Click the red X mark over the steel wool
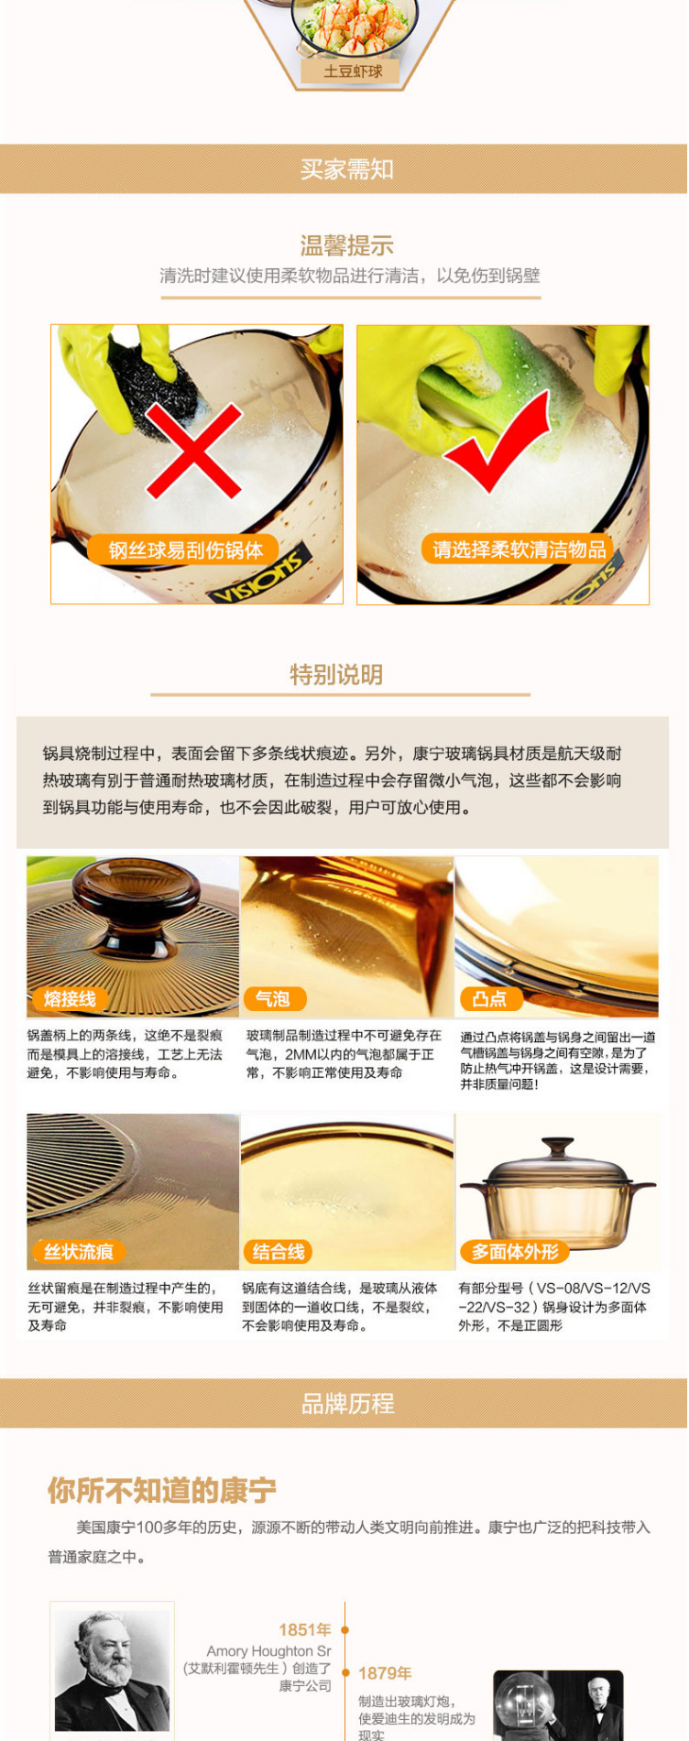click(193, 450)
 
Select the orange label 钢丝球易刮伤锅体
click(186, 550)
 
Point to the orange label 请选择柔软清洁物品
click(519, 550)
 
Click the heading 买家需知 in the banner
click(346, 169)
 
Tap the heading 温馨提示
click(346, 245)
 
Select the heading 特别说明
click(336, 675)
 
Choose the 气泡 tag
click(273, 999)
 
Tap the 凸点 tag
click(489, 999)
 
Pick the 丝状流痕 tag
click(77, 1252)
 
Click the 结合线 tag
click(278, 1252)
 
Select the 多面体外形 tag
click(515, 1252)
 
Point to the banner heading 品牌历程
click(347, 1404)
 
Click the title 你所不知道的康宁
click(161, 1491)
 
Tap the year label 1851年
click(305, 1630)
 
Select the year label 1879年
click(385, 1673)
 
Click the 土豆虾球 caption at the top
click(353, 71)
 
